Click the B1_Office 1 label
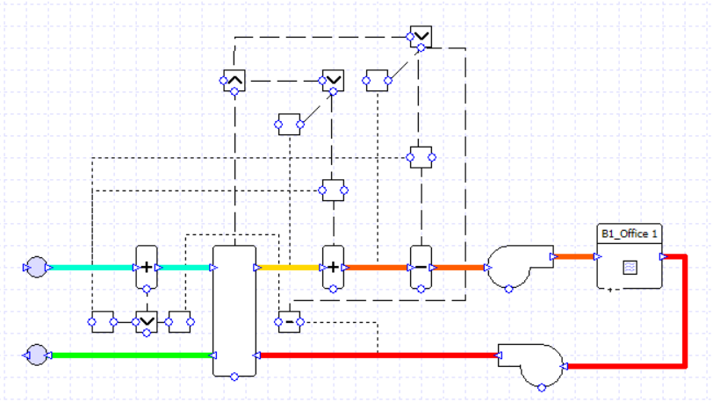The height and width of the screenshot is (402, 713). click(630, 233)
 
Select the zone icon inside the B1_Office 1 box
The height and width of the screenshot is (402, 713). click(630, 267)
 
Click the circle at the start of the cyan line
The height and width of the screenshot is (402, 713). click(37, 267)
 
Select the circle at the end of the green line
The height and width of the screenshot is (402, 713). click(37, 355)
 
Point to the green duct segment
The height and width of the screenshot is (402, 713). click(132, 355)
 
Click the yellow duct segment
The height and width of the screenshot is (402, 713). click(290, 267)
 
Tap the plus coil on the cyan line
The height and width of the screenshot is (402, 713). click(146, 267)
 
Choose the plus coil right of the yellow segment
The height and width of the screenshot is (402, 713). click(333, 267)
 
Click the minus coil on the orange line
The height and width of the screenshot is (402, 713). click(421, 267)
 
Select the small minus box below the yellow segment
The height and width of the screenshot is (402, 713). click(289, 322)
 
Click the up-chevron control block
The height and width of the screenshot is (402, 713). click(234, 81)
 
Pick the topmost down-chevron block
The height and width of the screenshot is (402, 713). click(421, 36)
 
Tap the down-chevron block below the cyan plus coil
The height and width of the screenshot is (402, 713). click(146, 322)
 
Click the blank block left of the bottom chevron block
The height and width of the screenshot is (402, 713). click(103, 322)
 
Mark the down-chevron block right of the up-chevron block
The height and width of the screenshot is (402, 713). click(333, 81)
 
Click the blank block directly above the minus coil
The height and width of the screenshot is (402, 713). click(421, 158)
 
